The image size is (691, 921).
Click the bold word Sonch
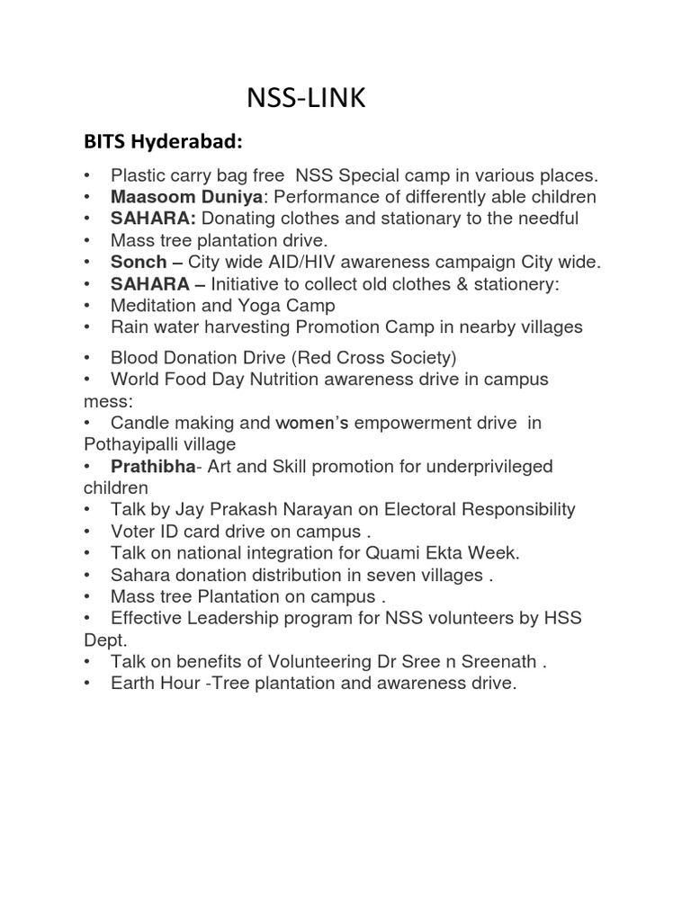pyautogui.click(x=139, y=262)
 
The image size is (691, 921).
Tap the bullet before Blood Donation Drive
pyautogui.click(x=87, y=357)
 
